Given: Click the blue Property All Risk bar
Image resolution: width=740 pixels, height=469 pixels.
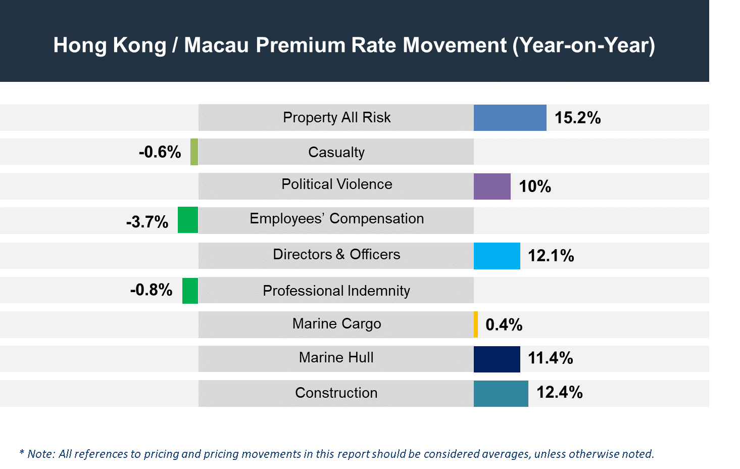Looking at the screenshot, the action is [510, 118].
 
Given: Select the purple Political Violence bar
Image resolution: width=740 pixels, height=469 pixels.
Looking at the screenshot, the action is [492, 186].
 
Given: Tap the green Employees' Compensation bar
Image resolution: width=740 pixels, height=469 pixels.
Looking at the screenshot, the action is [187, 220].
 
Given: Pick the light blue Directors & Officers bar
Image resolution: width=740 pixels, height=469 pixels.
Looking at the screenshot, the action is [497, 256].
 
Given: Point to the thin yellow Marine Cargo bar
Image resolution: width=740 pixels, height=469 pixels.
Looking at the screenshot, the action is [476, 324].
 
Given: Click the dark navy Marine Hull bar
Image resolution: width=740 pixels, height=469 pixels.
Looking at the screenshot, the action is [497, 359].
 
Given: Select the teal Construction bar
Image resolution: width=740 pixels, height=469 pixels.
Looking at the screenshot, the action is [501, 394].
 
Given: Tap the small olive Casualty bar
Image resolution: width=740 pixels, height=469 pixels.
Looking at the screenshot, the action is [194, 152].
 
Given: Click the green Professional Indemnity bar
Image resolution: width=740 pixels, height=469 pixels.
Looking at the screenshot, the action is [190, 291].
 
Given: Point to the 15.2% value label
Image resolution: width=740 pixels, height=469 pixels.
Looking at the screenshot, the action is [577, 118].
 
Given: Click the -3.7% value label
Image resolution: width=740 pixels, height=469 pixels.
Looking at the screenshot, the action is [147, 221].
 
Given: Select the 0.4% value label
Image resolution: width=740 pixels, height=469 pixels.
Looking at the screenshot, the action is [504, 324].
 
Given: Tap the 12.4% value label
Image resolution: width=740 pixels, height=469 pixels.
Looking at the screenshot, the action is [559, 392].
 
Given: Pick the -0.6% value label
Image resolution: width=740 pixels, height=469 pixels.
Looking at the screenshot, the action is [160, 152].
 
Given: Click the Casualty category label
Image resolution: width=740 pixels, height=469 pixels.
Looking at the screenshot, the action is [336, 152].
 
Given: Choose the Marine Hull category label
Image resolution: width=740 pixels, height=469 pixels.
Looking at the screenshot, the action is [336, 357].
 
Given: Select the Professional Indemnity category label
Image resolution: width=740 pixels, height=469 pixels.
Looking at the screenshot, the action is [336, 291].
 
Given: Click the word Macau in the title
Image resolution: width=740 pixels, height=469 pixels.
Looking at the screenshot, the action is [216, 44].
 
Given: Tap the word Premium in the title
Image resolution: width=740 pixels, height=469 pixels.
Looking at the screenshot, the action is [301, 44].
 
